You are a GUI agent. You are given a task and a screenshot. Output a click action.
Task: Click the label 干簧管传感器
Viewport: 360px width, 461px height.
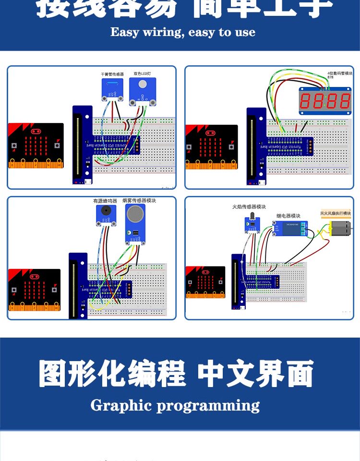click(112, 74)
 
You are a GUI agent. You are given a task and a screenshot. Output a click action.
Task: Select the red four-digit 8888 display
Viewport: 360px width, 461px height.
click(325, 101)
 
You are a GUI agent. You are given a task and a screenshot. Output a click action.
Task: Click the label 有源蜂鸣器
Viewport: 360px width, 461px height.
click(105, 201)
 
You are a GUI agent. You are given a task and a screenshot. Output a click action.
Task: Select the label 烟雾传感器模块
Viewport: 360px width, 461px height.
click(139, 200)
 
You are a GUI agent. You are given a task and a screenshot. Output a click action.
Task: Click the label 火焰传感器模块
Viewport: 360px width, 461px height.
click(249, 207)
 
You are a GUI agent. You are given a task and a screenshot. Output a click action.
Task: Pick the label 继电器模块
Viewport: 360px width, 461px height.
click(288, 216)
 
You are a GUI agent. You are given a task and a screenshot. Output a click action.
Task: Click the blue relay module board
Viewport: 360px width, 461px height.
click(289, 229)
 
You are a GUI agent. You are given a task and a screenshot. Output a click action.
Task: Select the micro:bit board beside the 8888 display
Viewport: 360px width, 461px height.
click(212, 146)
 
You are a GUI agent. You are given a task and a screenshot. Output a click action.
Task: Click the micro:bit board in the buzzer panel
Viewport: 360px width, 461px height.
click(34, 290)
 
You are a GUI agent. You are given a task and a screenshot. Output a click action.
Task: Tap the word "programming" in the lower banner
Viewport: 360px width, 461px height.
click(208, 406)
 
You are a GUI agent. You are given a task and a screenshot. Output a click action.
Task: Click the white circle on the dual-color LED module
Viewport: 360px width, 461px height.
click(143, 85)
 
